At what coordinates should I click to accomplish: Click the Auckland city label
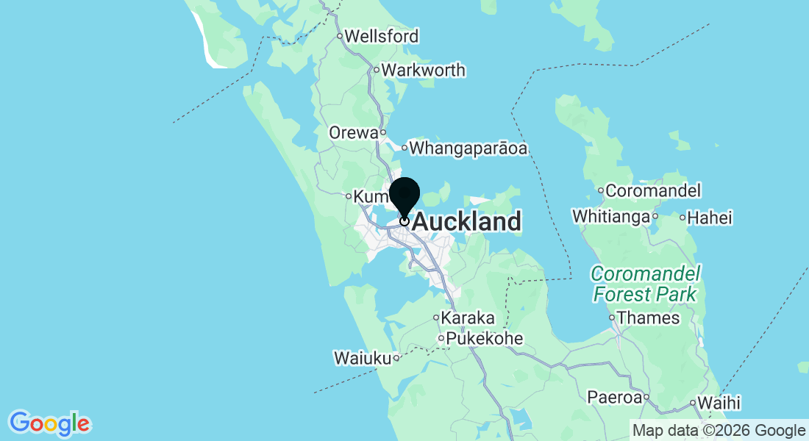[x=467, y=221]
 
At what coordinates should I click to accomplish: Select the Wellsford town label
[x=382, y=36]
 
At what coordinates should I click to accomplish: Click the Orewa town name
[x=353, y=133]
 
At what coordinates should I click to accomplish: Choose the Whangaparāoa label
[x=468, y=148]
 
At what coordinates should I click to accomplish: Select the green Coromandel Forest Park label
[x=645, y=284]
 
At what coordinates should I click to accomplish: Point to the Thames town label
[x=649, y=318]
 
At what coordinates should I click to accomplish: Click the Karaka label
[x=468, y=319]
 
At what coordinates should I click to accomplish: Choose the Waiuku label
[x=362, y=359]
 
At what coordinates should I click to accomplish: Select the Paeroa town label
[x=614, y=398]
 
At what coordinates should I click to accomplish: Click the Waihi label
[x=719, y=403]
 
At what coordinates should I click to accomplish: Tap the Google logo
[x=49, y=423]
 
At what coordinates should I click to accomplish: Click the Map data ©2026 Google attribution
[x=719, y=431]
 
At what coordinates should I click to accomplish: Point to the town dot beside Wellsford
[x=340, y=36]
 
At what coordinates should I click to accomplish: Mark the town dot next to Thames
[x=612, y=318]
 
